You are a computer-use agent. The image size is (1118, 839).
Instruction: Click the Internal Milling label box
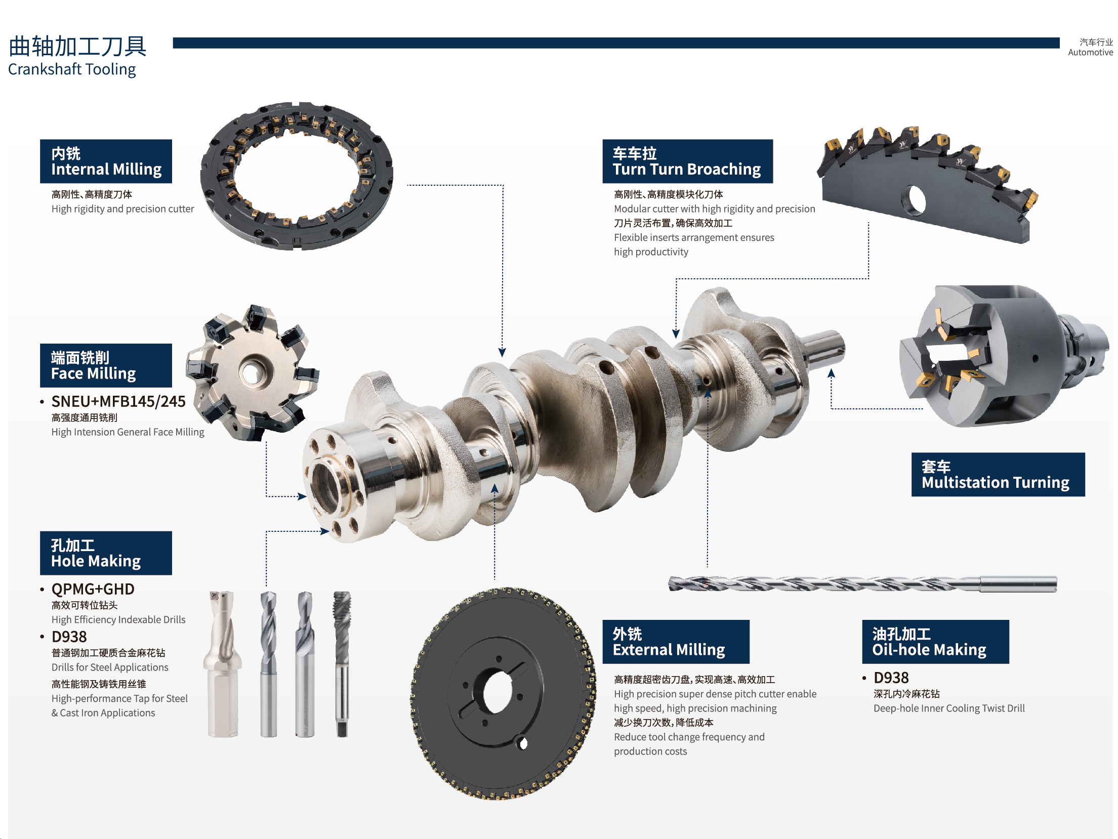(106, 161)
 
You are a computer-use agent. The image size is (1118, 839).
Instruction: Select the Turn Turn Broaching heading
(687, 161)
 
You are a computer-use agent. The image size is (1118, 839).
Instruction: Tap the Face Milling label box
(106, 365)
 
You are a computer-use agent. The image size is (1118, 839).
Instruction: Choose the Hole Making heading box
(106, 553)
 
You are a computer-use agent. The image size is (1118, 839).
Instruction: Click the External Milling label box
(676, 642)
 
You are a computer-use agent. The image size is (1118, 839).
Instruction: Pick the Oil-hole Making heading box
(935, 642)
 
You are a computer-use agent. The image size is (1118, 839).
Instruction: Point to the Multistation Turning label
(998, 475)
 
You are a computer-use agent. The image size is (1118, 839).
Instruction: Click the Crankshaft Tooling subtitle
(72, 69)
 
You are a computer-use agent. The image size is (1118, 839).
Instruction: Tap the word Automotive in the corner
(1090, 52)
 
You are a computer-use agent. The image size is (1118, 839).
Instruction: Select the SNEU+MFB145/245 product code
(118, 401)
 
